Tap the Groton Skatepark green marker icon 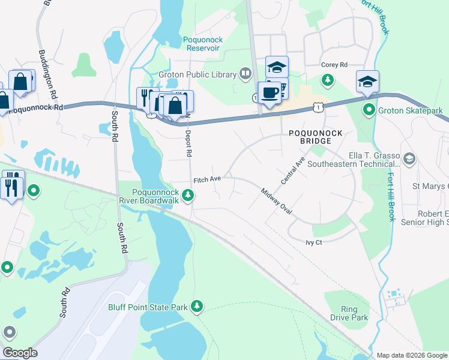pos(369,110)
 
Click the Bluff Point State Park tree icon pos(197,307)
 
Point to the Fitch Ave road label pos(207,179)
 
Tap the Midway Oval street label pos(276,202)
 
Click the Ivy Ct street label pos(314,242)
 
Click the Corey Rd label pos(334,65)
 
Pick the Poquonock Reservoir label pos(203,44)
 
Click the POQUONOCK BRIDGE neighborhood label pos(310,137)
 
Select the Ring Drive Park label pos(349,313)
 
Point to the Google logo pos(19,353)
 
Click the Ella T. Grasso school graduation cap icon pos(410,158)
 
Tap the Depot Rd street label pos(188,143)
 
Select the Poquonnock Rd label pos(36,109)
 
